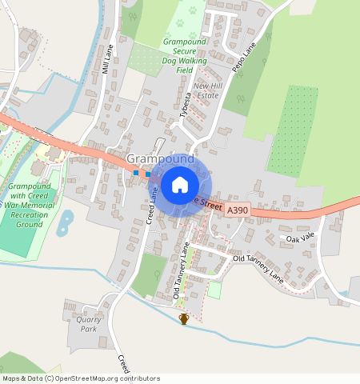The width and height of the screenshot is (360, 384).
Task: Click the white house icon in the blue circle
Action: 180,185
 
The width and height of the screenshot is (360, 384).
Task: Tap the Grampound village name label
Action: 160,160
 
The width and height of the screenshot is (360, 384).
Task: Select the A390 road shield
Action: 236,210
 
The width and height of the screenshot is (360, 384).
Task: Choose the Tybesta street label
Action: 188,104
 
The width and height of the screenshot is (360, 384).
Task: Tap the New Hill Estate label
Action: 206,90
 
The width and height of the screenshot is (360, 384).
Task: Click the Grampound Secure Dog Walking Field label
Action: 184,55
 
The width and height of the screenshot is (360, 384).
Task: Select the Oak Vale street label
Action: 302,239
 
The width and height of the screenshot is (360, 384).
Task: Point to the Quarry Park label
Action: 86,324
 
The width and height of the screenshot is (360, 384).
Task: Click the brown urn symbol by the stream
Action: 184,318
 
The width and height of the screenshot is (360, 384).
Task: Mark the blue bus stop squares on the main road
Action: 141,173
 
